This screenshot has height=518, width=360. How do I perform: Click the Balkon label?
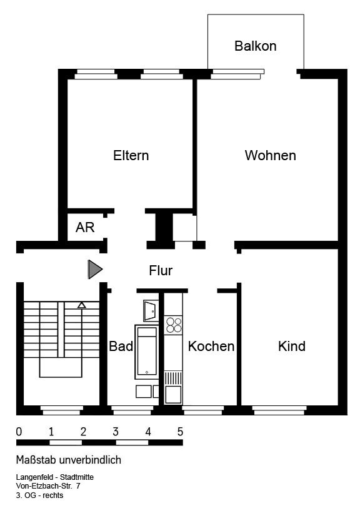coord(255,46)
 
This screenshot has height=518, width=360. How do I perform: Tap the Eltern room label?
coord(131,155)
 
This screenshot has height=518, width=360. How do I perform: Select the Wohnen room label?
coord(270,155)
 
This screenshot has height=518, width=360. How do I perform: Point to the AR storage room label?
coord(85,227)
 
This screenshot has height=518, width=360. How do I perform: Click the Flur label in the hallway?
coord(161,271)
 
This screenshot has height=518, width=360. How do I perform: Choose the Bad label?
coord(121,346)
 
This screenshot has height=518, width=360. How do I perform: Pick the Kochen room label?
coord(211,346)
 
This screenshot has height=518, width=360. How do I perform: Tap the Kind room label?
coord(292,346)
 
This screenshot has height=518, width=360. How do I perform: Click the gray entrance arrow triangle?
coord(94,270)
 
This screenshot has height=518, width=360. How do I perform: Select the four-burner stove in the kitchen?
coord(174,324)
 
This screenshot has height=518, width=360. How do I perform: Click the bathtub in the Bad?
coord(147,352)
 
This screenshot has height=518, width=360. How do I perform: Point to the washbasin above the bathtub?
coord(150,310)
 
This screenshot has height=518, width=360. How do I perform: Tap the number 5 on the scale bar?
coord(180,432)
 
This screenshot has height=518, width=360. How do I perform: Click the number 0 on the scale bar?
coord(19,432)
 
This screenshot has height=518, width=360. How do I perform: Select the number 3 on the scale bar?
coord(116,432)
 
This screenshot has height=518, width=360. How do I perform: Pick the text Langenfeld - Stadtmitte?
coord(55,477)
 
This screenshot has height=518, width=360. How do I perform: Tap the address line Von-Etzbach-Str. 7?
coord(48,486)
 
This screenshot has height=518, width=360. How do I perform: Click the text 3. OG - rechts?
coord(40,495)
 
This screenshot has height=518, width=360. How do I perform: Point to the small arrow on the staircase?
coord(81,305)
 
